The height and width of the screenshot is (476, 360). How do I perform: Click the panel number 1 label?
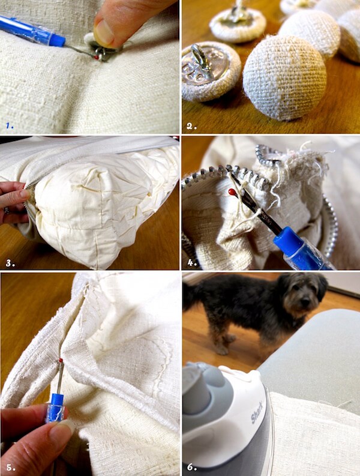[9, 125]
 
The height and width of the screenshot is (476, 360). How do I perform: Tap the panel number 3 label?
[10, 262]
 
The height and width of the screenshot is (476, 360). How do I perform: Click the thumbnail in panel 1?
[105, 33]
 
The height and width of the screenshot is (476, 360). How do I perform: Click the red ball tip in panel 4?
[232, 192]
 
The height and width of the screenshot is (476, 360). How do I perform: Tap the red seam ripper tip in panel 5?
[60, 360]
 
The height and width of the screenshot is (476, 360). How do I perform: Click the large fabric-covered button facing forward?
[284, 77]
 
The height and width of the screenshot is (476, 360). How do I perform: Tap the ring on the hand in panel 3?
[5, 210]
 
